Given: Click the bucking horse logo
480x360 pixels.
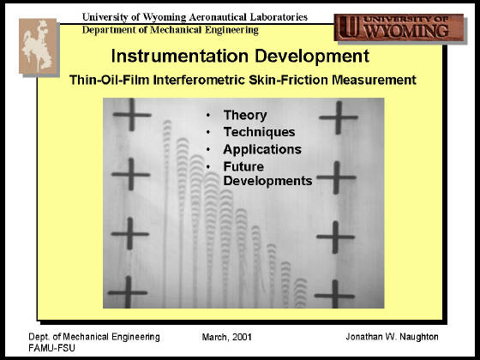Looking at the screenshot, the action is tap(39, 46).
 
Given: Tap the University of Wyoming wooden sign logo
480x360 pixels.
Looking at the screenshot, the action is tap(399, 27).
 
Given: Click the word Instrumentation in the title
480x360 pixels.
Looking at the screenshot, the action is tap(180, 56).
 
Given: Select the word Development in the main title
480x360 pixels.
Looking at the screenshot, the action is tap(312, 57).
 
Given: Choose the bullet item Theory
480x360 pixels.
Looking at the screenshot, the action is tap(245, 116).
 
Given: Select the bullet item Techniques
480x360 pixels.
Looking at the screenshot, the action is tap(259, 132).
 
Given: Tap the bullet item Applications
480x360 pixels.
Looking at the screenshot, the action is tap(262, 149).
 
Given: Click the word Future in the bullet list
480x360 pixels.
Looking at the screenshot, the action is tap(243, 166).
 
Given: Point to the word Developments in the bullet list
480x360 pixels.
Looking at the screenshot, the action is tap(267, 181).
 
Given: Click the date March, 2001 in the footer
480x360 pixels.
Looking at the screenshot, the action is tap(227, 337).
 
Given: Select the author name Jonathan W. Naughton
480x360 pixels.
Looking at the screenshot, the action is tap(392, 337).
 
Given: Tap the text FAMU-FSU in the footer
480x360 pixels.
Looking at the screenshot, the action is tap(51, 348).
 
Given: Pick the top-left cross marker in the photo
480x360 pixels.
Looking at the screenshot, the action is tap(132, 115).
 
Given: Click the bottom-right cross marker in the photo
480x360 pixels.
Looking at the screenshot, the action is tap(335, 296).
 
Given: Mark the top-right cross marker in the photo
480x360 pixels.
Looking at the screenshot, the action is tap(339, 117).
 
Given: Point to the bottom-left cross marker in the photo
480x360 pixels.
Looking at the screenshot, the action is tap(128, 292).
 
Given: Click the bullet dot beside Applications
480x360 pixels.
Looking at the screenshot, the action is tap(208, 149).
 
